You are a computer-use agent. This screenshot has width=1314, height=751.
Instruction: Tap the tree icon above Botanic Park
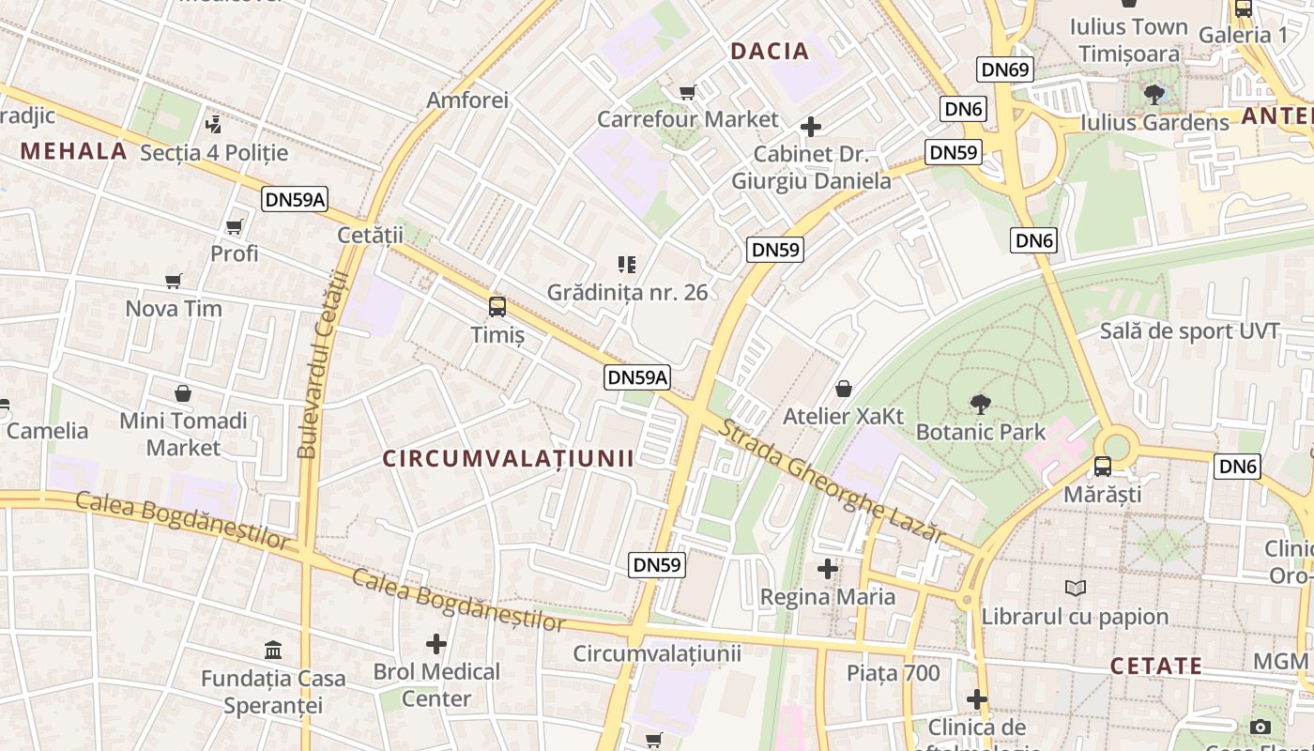click(980, 405)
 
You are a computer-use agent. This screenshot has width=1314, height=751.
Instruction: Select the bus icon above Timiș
click(497, 307)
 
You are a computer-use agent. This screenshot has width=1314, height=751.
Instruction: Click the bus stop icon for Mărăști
click(1103, 466)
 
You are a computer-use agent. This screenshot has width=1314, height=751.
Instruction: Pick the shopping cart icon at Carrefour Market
click(687, 92)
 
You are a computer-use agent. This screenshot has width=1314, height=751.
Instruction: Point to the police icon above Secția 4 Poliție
click(214, 124)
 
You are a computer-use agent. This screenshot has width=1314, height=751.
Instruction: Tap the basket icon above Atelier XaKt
click(844, 389)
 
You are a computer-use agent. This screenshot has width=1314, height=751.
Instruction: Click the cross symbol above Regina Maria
click(827, 568)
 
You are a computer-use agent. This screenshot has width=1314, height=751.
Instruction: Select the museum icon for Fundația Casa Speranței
click(273, 650)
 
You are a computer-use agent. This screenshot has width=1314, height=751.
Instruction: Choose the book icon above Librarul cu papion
click(1075, 589)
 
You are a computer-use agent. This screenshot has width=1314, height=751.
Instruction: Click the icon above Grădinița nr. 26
click(627, 265)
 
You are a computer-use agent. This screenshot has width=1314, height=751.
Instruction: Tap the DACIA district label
click(770, 52)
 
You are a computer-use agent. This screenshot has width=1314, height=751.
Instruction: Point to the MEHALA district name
click(73, 151)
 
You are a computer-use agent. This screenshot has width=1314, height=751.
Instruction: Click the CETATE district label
click(1156, 667)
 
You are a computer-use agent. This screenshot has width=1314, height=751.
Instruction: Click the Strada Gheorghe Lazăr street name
click(832, 481)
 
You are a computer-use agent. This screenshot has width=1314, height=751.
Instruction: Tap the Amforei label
click(467, 100)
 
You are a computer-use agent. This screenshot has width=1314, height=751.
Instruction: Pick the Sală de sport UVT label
click(1189, 331)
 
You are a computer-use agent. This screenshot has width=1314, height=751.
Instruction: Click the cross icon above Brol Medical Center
click(436, 644)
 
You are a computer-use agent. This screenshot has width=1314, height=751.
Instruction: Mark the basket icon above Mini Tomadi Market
click(183, 393)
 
